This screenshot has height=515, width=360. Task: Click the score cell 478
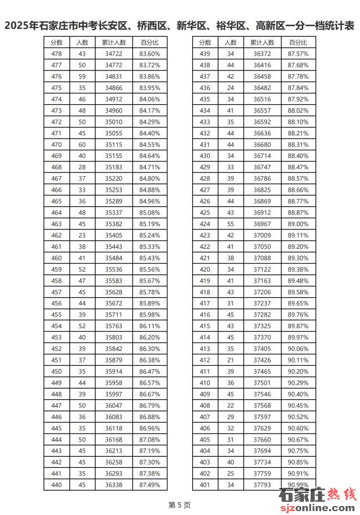[x=56, y=54]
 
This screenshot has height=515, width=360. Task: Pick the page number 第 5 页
[x=179, y=505]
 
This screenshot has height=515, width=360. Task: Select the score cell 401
[x=205, y=485]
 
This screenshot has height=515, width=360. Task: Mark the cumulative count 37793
[x=262, y=485]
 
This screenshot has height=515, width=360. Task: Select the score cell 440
[x=56, y=485]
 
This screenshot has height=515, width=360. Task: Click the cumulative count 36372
[x=262, y=54]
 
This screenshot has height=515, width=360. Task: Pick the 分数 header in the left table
[x=56, y=42]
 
